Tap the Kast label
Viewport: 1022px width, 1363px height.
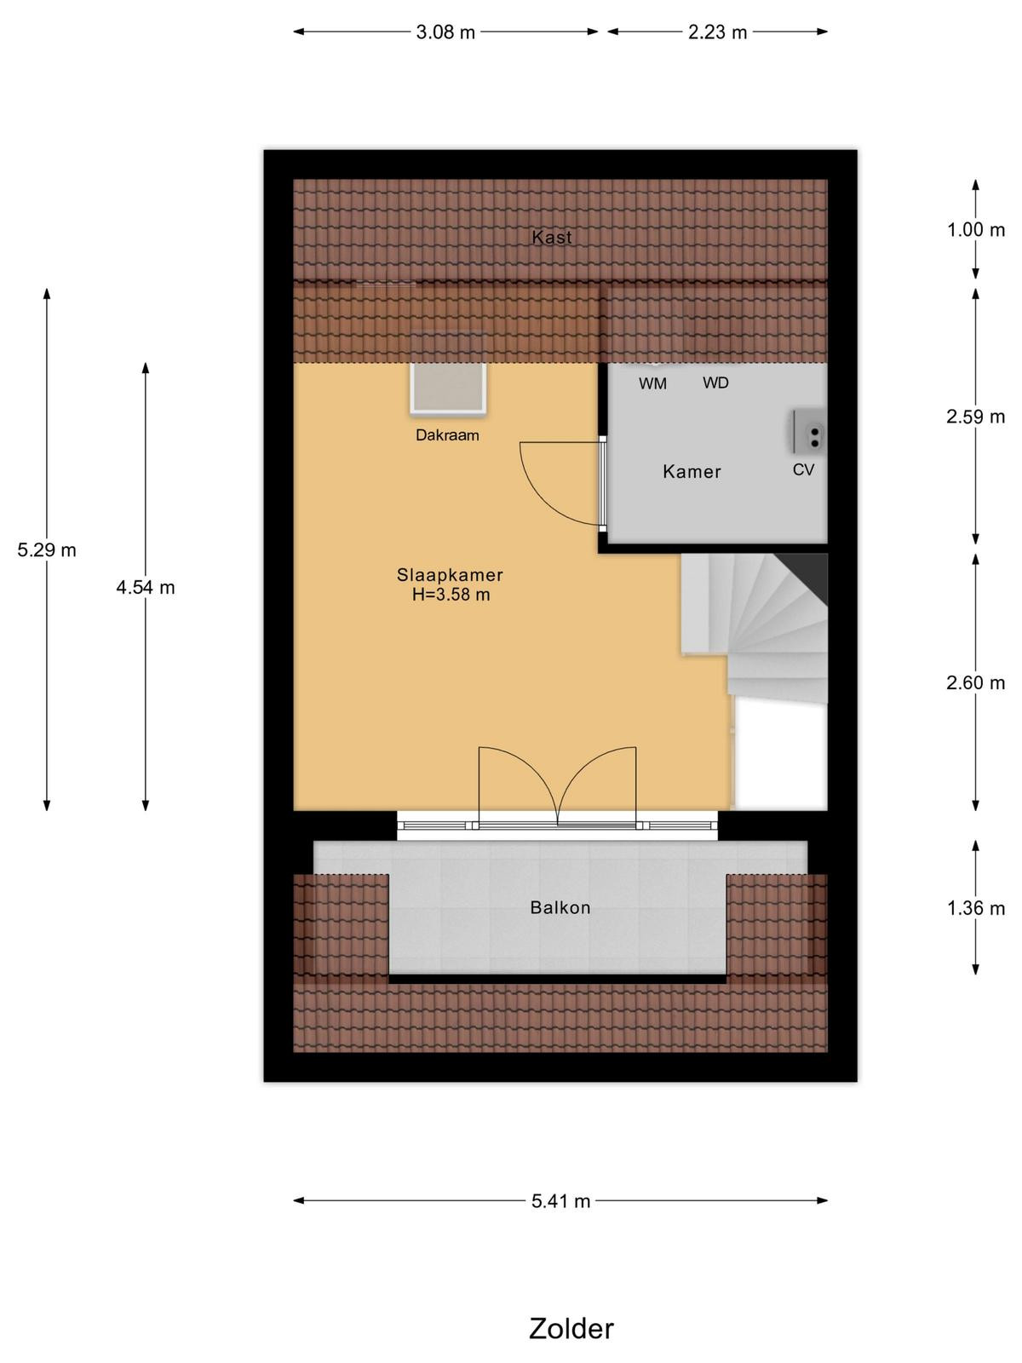click(x=551, y=237)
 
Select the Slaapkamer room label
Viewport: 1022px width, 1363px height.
click(x=450, y=575)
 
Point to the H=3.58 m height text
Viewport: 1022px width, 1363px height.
click(x=451, y=595)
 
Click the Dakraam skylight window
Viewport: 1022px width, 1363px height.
click(x=447, y=388)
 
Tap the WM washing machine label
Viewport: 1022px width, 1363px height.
click(x=652, y=383)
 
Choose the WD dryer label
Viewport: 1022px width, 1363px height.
click(x=715, y=383)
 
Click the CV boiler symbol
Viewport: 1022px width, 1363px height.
click(x=809, y=432)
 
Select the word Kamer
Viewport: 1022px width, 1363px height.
click(x=692, y=472)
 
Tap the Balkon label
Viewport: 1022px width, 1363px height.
click(x=560, y=908)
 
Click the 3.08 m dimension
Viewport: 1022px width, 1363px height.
click(x=445, y=32)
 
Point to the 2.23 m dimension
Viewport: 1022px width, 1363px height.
click(x=717, y=32)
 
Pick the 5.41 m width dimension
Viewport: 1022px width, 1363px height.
click(x=560, y=1201)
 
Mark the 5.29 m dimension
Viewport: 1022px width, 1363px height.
click(x=47, y=550)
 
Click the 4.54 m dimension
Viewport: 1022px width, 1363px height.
click(x=145, y=588)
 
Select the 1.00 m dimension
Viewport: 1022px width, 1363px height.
click(x=975, y=230)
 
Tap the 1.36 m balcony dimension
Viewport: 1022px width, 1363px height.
click(x=975, y=908)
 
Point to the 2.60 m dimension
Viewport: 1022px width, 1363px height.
click(x=975, y=683)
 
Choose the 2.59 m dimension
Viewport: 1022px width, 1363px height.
click(x=975, y=417)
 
